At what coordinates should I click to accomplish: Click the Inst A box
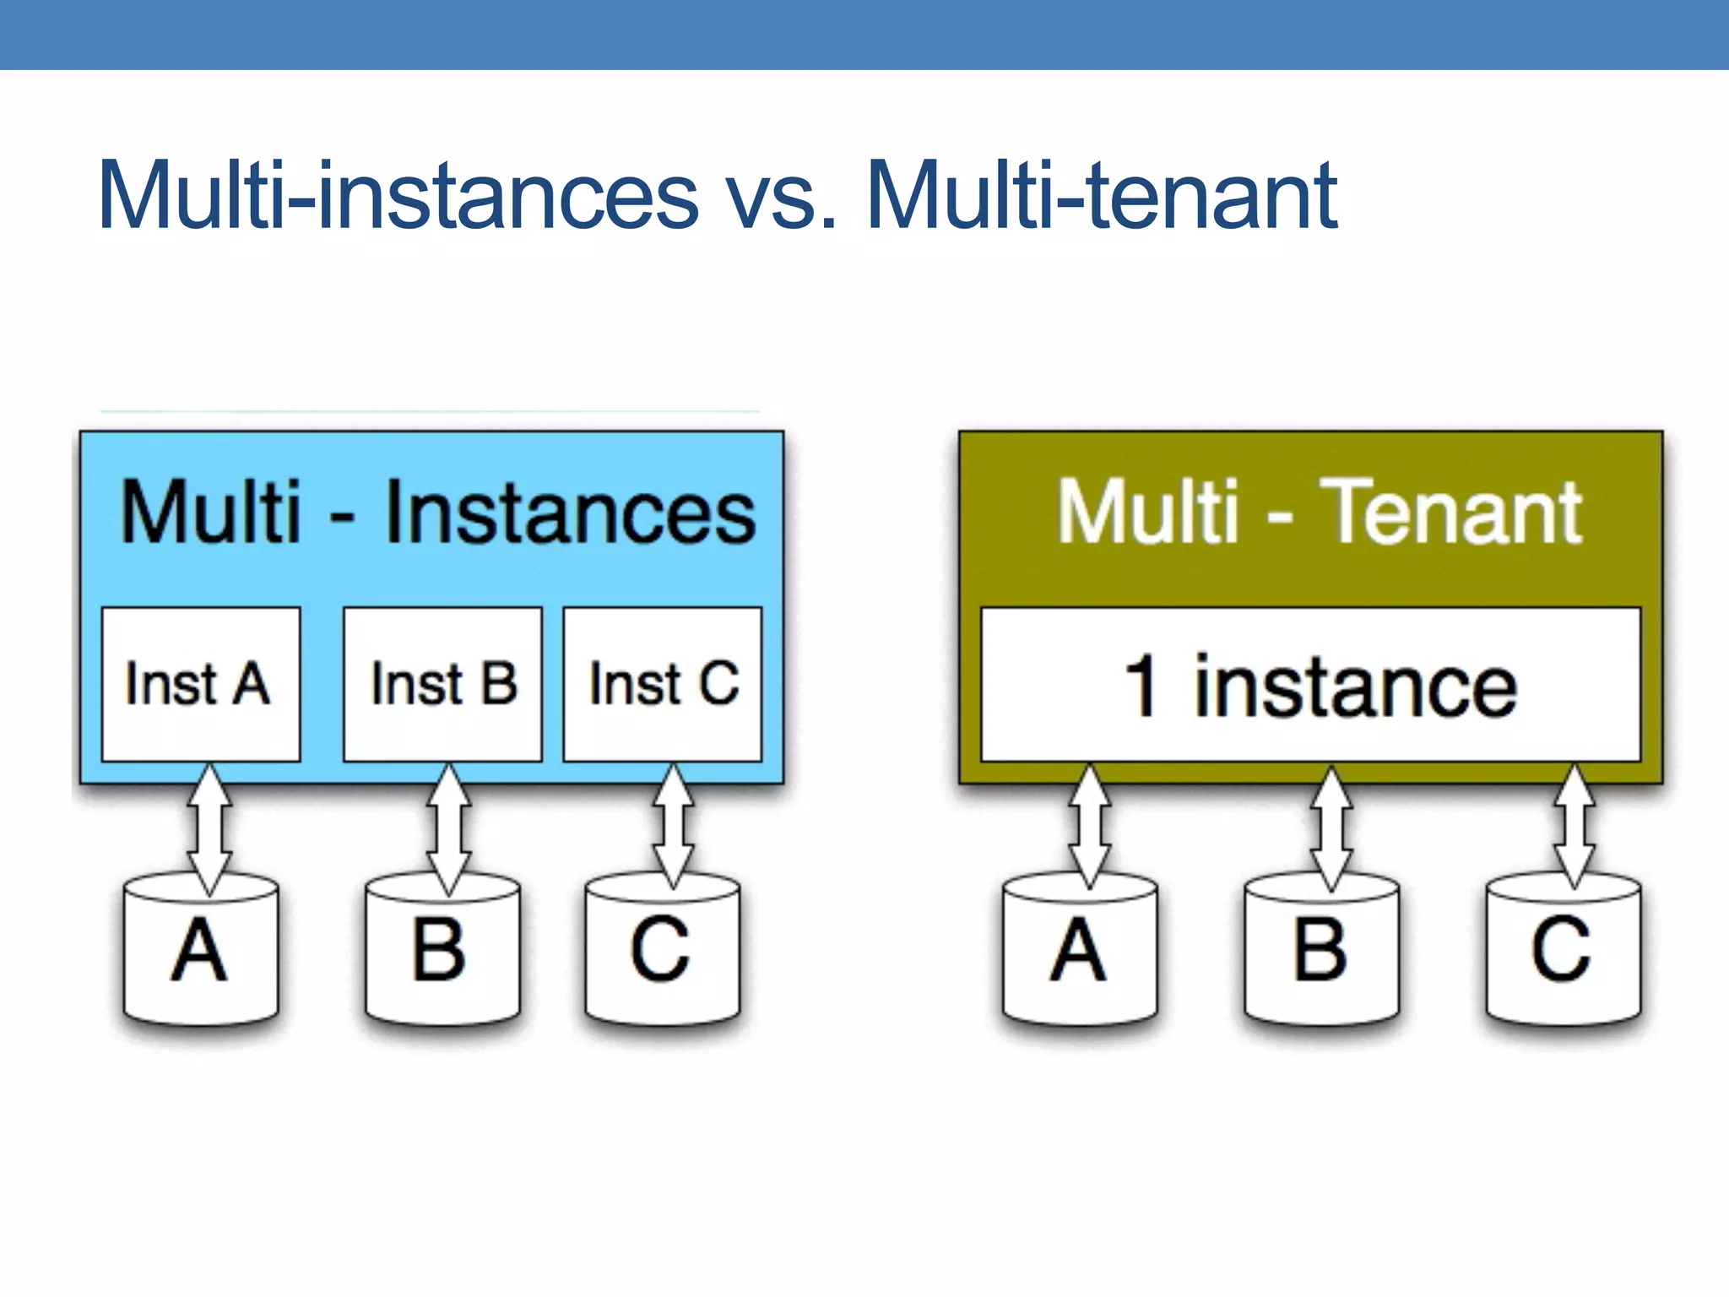tap(201, 684)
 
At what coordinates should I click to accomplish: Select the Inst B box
tap(442, 684)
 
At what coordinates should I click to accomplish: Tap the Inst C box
tap(663, 684)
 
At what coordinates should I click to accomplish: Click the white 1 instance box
tap(1310, 684)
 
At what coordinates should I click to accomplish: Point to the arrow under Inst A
tap(209, 829)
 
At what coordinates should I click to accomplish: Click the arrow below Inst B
tap(448, 829)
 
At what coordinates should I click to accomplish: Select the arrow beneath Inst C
tap(673, 826)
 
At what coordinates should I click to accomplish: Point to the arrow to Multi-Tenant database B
tap(1331, 829)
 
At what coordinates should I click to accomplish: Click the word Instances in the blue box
tap(570, 513)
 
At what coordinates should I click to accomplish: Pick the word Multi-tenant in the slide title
tap(1102, 196)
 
